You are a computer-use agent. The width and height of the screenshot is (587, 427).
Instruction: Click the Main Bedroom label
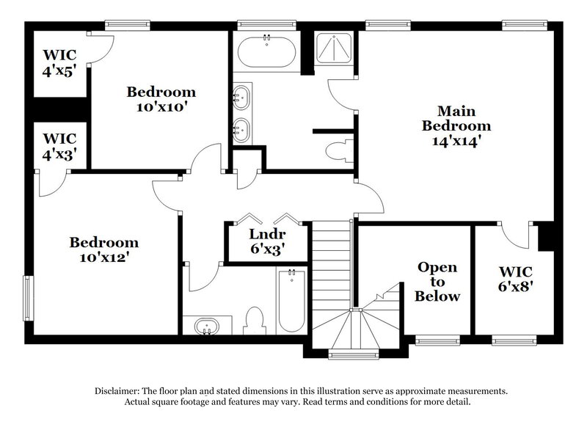pyautogui.click(x=456, y=126)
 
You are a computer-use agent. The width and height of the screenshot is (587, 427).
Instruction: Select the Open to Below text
pyautogui.click(x=437, y=282)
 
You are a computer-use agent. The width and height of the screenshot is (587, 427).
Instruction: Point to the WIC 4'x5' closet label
pyautogui.click(x=59, y=63)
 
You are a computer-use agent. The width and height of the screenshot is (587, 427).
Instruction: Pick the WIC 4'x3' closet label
pyautogui.click(x=59, y=147)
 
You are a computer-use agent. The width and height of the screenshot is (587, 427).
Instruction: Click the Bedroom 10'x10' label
pyautogui.click(x=161, y=100)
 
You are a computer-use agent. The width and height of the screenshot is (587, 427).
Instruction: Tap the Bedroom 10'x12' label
pyautogui.click(x=104, y=250)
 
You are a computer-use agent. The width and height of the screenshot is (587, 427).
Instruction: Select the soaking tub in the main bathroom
pyautogui.click(x=266, y=52)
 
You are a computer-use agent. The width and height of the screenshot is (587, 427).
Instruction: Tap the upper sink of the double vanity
pyautogui.click(x=241, y=96)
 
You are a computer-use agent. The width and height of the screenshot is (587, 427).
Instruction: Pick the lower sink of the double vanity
pyautogui.click(x=241, y=131)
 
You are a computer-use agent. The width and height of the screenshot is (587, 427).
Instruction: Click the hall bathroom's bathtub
pyautogui.click(x=292, y=301)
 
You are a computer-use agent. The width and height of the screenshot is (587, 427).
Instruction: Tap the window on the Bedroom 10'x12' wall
pyautogui.click(x=29, y=298)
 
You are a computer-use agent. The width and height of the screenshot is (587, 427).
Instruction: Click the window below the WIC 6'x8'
pyautogui.click(x=511, y=341)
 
